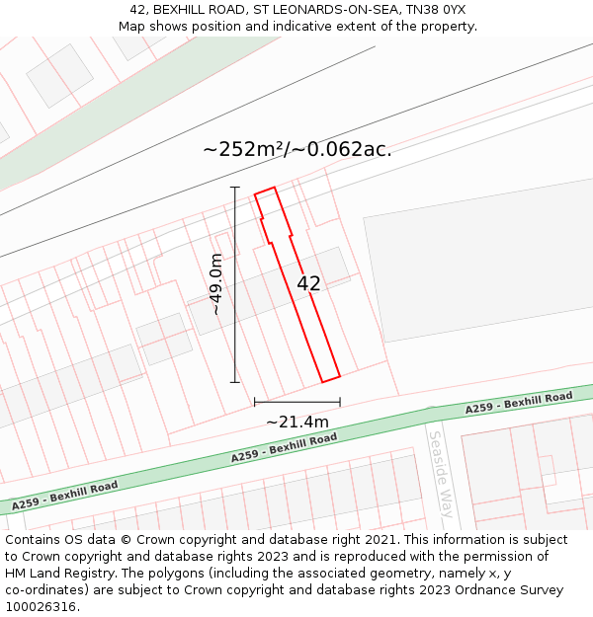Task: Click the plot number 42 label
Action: [x=308, y=283]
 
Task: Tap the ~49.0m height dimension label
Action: [x=216, y=283]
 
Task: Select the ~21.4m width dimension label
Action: [x=296, y=423]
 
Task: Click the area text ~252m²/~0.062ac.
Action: [x=296, y=150]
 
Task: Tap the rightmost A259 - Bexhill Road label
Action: [x=520, y=403]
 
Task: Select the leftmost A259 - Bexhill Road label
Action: [x=65, y=496]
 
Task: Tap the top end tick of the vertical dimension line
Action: [x=235, y=187]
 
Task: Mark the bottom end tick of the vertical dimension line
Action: [x=235, y=382]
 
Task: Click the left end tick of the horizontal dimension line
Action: [x=255, y=402]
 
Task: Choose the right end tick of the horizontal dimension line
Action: [x=340, y=402]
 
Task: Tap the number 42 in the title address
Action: [x=137, y=10]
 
